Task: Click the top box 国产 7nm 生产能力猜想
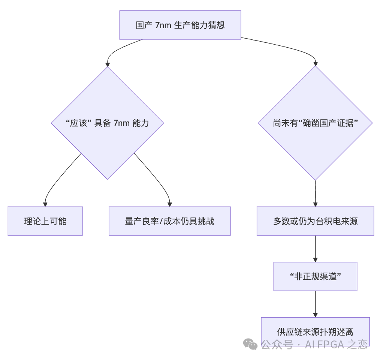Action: [x=180, y=25]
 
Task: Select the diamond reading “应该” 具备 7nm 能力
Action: [x=107, y=123]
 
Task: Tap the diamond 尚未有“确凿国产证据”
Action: [x=315, y=123]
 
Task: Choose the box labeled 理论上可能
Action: [x=45, y=221]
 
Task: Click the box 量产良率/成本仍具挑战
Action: [x=169, y=221]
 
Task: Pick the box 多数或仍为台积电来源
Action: [x=315, y=221]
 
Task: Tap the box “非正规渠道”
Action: [x=315, y=276]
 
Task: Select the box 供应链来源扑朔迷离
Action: [x=315, y=331]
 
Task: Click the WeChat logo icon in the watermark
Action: [x=250, y=344]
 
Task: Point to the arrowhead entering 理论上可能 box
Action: [x=45, y=204]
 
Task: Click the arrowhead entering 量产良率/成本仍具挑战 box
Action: [x=170, y=204]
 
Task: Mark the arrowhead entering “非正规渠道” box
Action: [x=315, y=259]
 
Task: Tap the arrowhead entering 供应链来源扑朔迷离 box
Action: [x=315, y=315]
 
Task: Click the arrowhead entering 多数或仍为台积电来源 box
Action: [x=315, y=204]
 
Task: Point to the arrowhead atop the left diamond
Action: [x=108, y=64]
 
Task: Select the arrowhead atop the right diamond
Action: [x=316, y=64]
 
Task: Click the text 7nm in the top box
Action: [x=163, y=25]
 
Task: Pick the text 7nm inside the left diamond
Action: [x=121, y=123]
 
